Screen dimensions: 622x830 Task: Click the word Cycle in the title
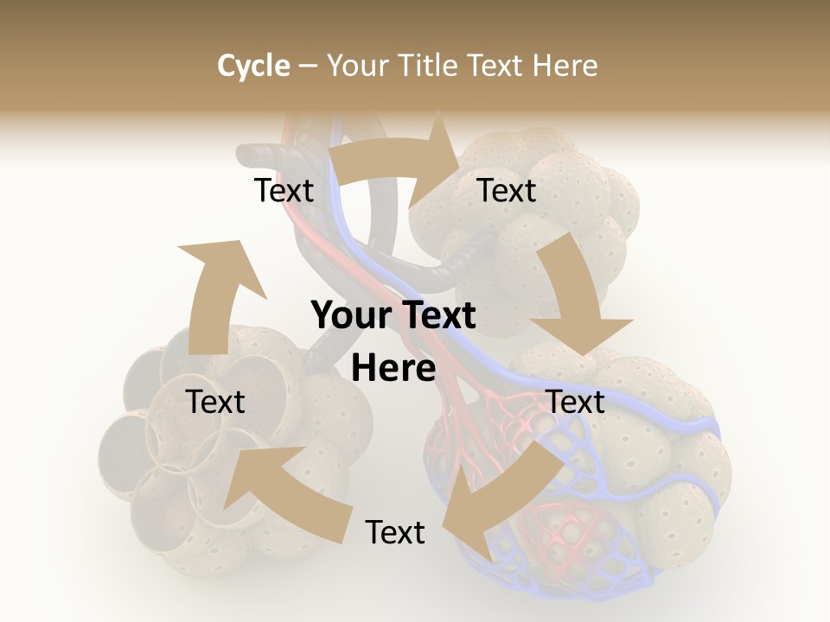pos(253,66)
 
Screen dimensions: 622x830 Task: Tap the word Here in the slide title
pos(565,66)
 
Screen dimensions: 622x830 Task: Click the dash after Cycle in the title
pos(308,66)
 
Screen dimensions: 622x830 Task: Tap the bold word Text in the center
pos(435,316)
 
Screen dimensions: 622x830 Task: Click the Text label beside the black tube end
pos(284,190)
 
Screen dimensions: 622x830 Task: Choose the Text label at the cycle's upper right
pos(507,190)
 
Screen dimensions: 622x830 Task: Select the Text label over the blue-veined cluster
pos(576,402)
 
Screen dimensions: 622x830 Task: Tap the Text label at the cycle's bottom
pos(395,532)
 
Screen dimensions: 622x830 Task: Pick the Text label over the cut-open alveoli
pos(215,402)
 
